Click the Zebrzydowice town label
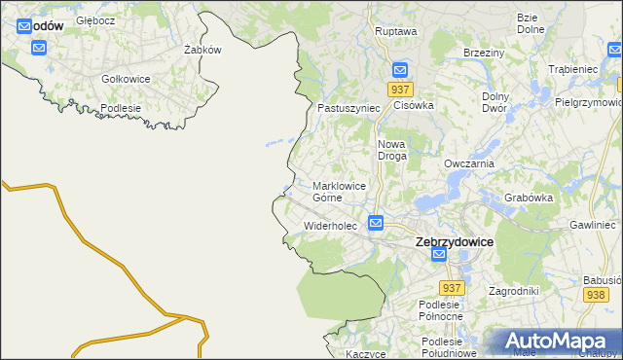tap(454, 241)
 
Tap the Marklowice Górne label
tap(339, 191)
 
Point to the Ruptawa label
tap(396, 31)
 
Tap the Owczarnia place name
tap(469, 163)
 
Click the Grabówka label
tap(529, 198)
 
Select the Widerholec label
tap(331, 226)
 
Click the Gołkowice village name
tap(127, 79)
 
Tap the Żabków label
tap(203, 50)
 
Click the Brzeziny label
tap(483, 53)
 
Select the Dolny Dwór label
tap(502, 103)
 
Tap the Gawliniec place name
tap(595, 225)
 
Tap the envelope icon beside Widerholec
tap(376, 224)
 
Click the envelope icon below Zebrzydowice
tap(439, 255)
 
